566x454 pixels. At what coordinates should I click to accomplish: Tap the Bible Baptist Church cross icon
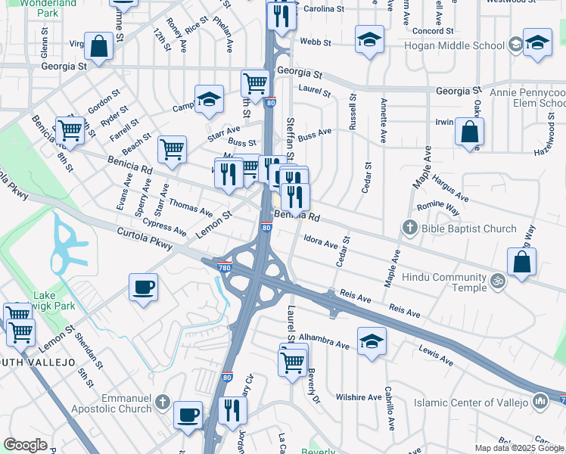pyautogui.click(x=409, y=228)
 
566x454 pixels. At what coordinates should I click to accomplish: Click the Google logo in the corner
pyautogui.click(x=25, y=445)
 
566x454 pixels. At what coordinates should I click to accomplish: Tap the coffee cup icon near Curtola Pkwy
pyautogui.click(x=144, y=288)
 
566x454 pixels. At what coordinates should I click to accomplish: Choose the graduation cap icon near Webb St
pyautogui.click(x=369, y=41)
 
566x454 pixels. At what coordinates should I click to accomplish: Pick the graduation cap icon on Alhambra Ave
pyautogui.click(x=372, y=340)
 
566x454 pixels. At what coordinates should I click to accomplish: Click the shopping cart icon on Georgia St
pyautogui.click(x=256, y=82)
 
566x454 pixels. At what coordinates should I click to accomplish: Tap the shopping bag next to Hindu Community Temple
pyautogui.click(x=521, y=262)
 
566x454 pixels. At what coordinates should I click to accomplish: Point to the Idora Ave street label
pyautogui.click(x=320, y=243)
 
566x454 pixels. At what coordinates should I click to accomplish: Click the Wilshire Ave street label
pyautogui.click(x=359, y=397)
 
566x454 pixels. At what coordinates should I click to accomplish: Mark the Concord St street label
pyautogui.click(x=433, y=31)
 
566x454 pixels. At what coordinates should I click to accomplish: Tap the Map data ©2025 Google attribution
pyautogui.click(x=519, y=448)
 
